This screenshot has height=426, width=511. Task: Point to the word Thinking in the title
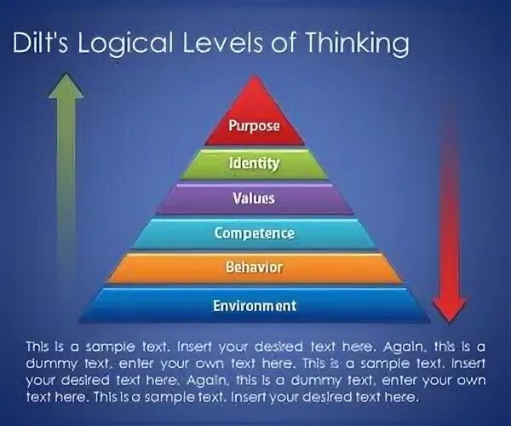coord(357,44)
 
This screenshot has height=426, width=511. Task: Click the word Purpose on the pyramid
coord(254,126)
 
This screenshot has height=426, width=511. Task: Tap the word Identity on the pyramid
coord(254,163)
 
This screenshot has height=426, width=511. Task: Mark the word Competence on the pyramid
coord(254,233)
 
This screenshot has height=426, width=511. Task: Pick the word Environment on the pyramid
coord(254,305)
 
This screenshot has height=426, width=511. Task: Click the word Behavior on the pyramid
coord(254,268)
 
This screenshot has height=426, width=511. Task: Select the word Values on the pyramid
coord(254,199)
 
